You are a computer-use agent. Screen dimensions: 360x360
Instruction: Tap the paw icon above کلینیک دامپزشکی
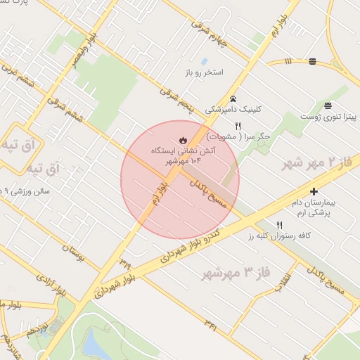[x=233, y=98]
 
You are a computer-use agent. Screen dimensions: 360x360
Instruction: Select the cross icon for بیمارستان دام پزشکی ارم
[x=314, y=191]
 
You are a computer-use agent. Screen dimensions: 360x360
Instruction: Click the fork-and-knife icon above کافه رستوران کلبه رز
[x=280, y=225]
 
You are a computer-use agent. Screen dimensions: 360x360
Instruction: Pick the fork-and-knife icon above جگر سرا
[x=238, y=126]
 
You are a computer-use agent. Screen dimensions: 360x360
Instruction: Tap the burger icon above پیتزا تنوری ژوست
[x=328, y=105]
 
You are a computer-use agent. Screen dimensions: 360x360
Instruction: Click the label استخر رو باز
[x=203, y=72]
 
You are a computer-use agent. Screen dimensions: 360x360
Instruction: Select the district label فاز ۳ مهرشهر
[x=236, y=272]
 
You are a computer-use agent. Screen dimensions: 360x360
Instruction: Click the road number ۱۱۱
[x=288, y=62]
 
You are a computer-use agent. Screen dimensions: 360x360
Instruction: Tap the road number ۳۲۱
[x=211, y=323]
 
